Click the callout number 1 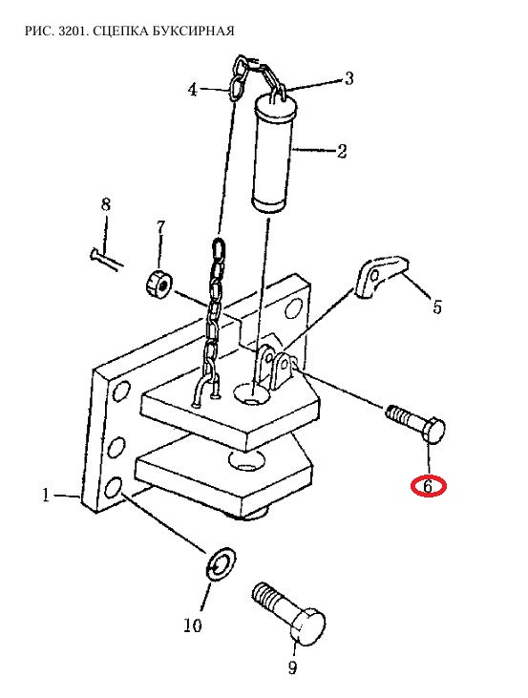(x=46, y=496)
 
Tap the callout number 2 (x=342, y=151)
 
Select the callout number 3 (x=349, y=78)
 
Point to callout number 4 (x=192, y=90)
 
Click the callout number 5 (x=437, y=307)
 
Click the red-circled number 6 (x=428, y=486)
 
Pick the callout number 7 (x=160, y=227)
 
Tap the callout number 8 (x=106, y=204)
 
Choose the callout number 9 (x=292, y=667)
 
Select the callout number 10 (x=193, y=625)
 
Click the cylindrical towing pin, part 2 (x=273, y=154)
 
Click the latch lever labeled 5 (x=382, y=276)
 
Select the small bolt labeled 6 (x=415, y=423)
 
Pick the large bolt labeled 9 (x=288, y=612)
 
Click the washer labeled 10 (x=221, y=564)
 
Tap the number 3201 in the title (x=73, y=31)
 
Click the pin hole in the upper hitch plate (x=252, y=393)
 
